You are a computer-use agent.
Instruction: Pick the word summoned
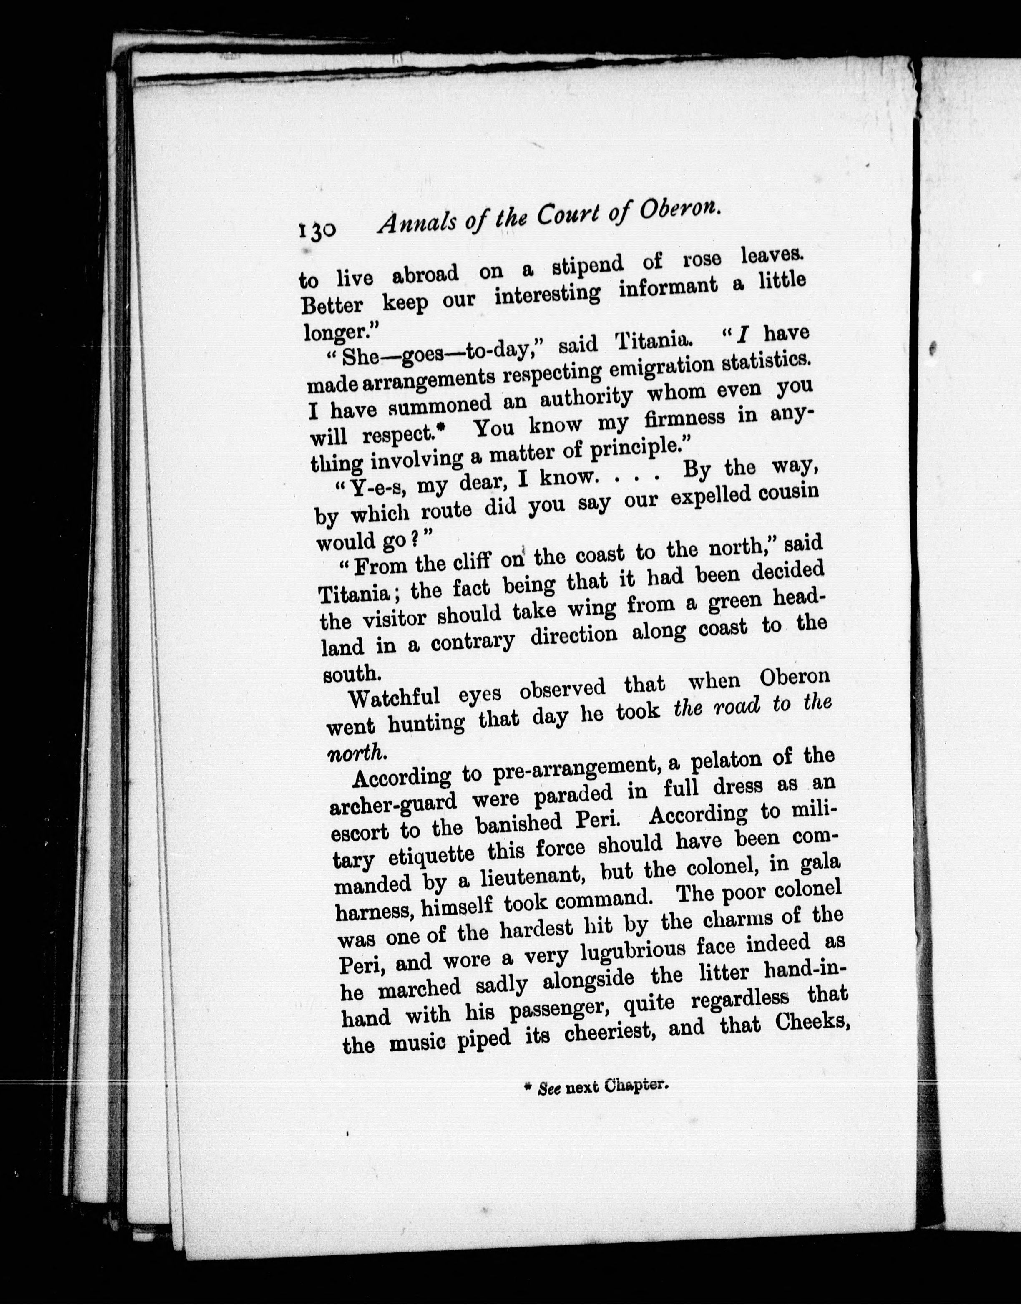(428, 406)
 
